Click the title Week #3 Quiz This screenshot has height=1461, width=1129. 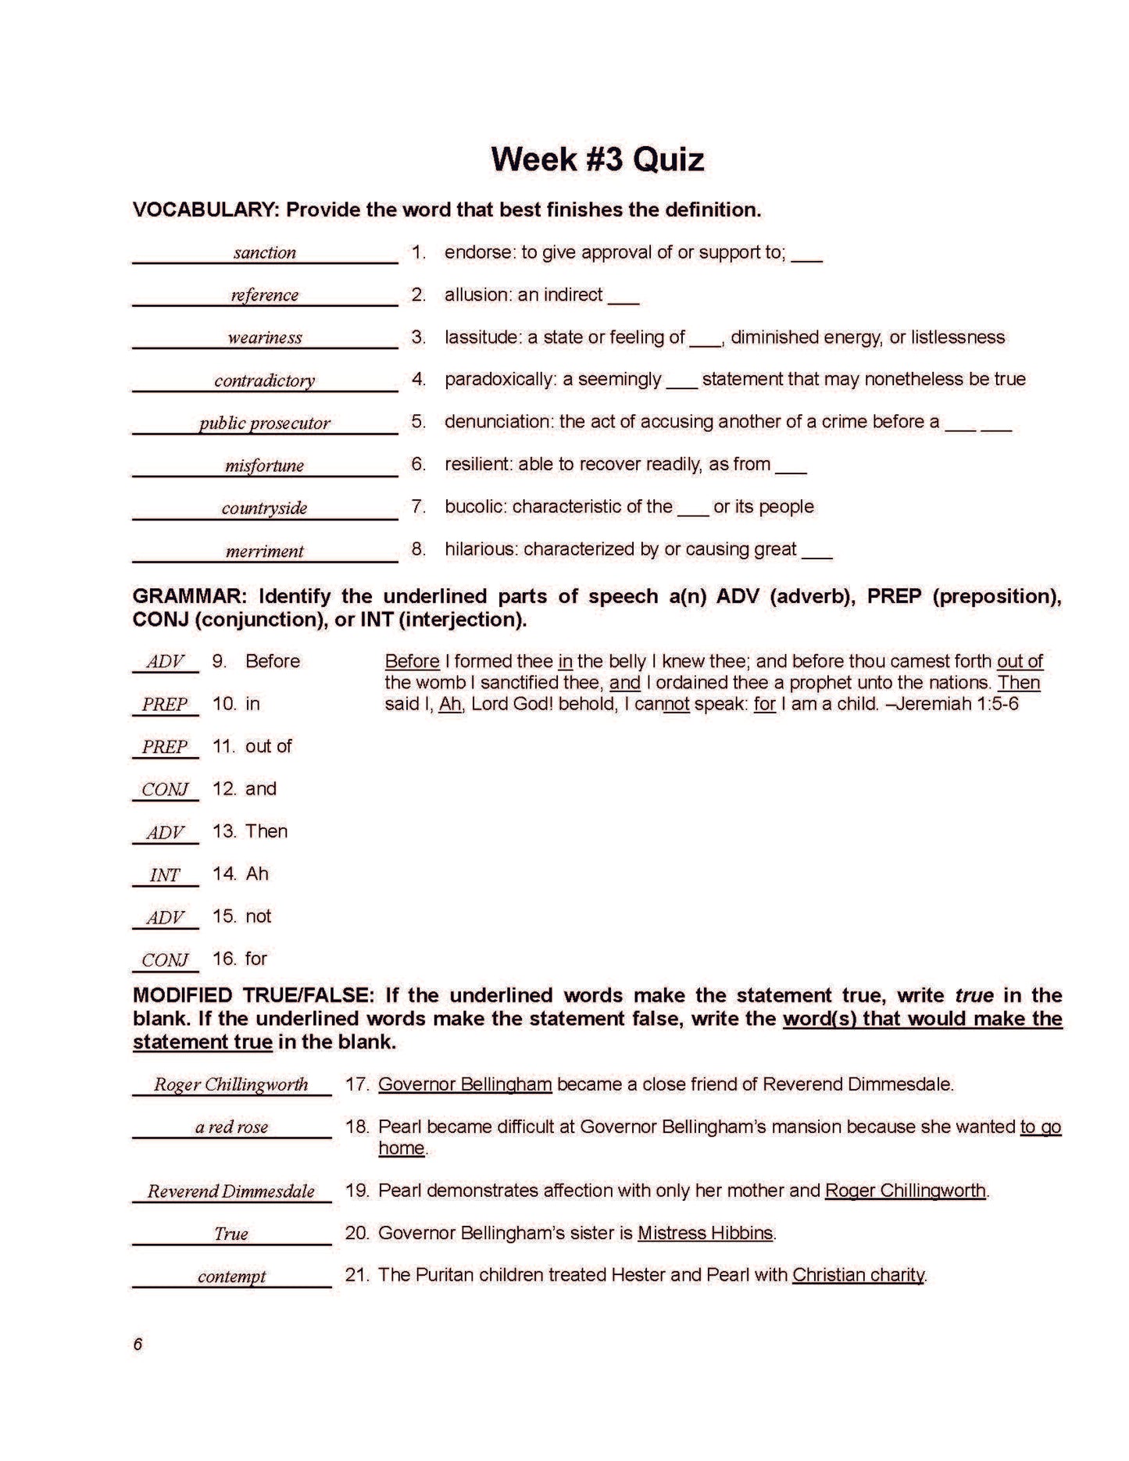pos(597,159)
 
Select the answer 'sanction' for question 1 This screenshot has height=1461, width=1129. pos(265,253)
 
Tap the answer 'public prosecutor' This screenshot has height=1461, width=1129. pos(265,423)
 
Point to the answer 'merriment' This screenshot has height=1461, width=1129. pos(265,552)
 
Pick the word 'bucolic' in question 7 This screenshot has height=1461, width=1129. pos(473,507)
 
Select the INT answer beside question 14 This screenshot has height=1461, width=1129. pos(165,875)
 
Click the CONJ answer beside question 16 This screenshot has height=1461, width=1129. pos(165,960)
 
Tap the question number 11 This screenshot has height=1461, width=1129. pos(223,747)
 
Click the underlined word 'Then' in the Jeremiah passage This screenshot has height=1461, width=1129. pos(1019,683)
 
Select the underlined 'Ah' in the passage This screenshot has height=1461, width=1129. pos(450,704)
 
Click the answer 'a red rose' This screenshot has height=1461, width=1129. pos(231,1127)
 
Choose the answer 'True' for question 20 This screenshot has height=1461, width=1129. pos(231,1234)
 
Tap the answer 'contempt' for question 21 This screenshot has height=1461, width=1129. pos(231,1277)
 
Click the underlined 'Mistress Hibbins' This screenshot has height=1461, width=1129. pos(705,1234)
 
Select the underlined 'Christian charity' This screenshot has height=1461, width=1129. pos(858,1276)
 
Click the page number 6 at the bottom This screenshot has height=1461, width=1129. pos(138,1344)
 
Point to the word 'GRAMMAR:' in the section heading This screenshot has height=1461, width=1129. pos(190,597)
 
